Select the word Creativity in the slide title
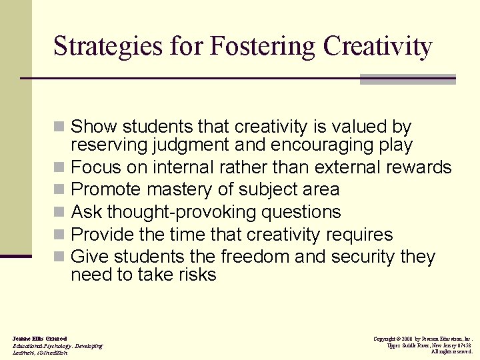tap(377, 47)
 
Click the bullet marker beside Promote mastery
tap(59, 190)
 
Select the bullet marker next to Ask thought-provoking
tap(59, 213)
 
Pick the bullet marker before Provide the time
tap(59, 235)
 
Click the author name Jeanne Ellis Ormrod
tap(39, 339)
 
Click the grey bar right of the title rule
tap(407, 79)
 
